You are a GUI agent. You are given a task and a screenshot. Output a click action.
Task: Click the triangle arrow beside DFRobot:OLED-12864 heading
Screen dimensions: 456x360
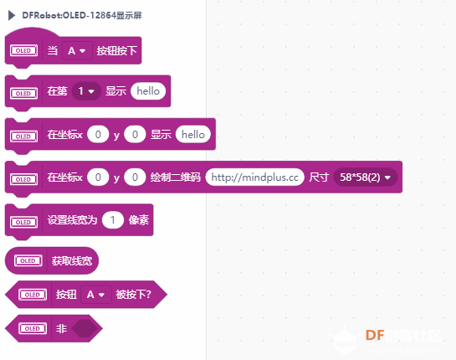pos(12,15)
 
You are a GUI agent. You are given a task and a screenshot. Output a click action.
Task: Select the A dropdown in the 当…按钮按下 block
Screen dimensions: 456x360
pos(77,51)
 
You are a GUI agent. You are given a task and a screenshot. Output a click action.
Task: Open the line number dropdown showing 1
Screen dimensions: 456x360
pos(87,91)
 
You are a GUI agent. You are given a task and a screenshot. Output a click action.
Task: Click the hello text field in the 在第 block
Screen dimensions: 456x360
pos(148,91)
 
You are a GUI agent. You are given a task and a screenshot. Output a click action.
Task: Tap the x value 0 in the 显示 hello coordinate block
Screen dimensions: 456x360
pos(98,135)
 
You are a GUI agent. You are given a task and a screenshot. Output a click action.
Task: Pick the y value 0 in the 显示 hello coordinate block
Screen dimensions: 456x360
pos(135,135)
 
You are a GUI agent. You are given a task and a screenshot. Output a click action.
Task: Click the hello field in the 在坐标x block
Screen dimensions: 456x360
pos(193,135)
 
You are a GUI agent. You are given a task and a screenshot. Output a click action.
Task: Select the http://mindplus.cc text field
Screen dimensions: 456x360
pos(254,177)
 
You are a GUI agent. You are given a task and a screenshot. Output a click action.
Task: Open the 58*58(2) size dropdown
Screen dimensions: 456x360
pos(366,177)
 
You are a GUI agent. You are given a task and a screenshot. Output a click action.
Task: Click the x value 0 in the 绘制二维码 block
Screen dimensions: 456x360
pos(98,177)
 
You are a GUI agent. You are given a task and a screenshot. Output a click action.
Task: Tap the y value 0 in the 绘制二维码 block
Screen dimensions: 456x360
pos(135,177)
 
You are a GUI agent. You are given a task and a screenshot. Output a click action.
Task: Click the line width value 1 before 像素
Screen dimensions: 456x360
pos(113,219)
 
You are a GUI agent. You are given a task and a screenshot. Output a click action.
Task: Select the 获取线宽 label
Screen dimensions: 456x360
pos(72,260)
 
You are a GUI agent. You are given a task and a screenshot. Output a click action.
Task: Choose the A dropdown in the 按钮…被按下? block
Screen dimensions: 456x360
pos(96,295)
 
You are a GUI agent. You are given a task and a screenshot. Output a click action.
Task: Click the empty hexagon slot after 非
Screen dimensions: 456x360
pos(85,328)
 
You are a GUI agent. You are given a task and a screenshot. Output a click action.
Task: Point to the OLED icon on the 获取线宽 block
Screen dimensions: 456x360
pos(28,260)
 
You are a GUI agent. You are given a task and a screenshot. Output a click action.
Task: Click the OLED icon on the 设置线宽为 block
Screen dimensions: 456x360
pos(23,222)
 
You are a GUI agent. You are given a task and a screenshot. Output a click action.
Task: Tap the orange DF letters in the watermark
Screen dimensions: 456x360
pos(375,335)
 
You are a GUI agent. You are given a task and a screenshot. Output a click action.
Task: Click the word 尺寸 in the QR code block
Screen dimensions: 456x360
pos(319,177)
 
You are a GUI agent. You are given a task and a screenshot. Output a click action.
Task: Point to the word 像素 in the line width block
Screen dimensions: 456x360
pos(139,219)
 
